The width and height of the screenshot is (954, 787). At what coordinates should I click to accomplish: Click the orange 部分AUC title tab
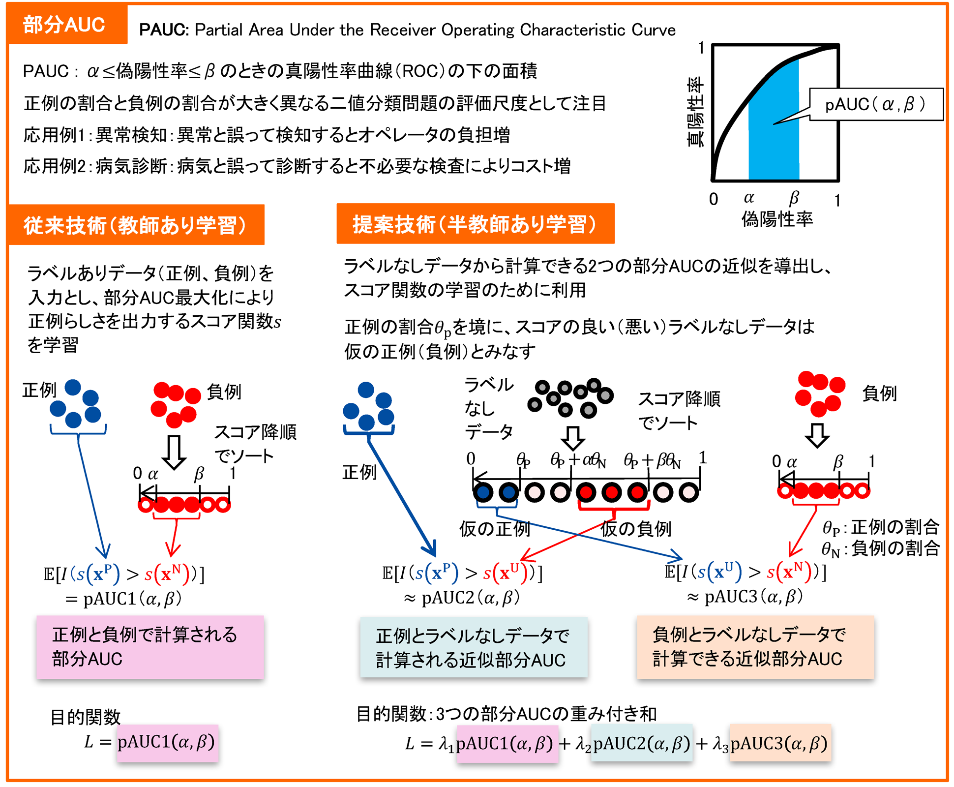(65, 25)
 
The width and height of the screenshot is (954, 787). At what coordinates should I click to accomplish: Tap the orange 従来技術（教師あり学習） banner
(136, 225)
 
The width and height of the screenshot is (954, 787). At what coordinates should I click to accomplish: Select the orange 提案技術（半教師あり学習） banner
(475, 224)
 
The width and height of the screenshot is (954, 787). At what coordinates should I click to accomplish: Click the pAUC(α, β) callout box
(876, 104)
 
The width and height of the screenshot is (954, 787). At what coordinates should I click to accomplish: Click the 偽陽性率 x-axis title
(777, 219)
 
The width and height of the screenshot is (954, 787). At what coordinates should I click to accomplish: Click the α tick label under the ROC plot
(749, 198)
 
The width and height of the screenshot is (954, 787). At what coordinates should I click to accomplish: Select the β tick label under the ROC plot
(794, 198)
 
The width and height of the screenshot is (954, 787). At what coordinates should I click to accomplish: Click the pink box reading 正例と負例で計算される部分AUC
(150, 647)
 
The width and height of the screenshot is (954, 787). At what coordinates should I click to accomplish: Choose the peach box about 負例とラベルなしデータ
(755, 647)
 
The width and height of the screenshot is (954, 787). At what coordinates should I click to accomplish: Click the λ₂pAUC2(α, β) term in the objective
(634, 743)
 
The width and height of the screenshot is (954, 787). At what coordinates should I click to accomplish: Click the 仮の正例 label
(494, 529)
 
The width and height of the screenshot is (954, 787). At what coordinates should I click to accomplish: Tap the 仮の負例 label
(636, 529)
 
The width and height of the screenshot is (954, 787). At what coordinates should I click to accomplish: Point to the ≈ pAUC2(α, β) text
(462, 598)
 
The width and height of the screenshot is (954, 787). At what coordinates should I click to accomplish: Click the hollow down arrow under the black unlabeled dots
(573, 438)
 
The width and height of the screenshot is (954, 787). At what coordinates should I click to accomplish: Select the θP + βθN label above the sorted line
(652, 460)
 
